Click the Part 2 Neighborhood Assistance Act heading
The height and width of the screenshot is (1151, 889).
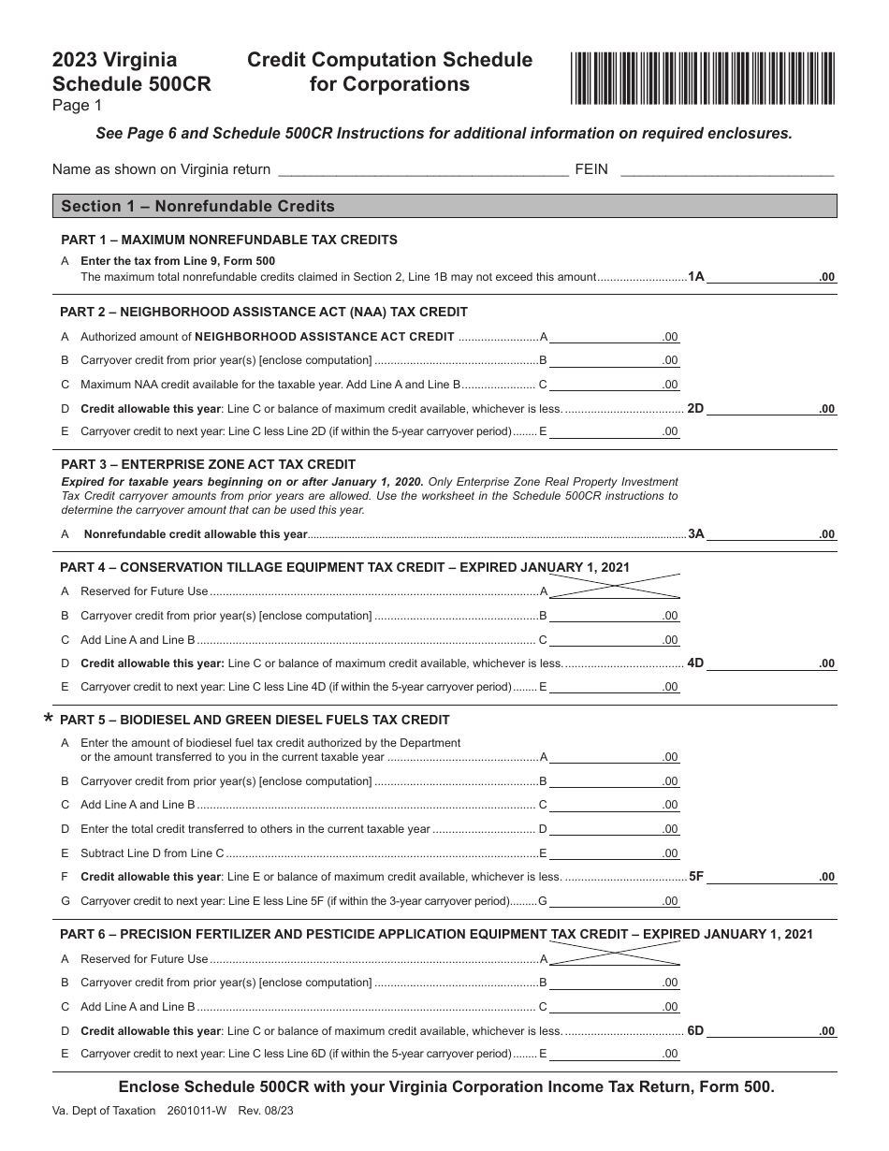point(264,312)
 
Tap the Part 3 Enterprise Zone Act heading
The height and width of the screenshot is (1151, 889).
point(208,464)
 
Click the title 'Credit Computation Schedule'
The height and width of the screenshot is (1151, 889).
point(389,61)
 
